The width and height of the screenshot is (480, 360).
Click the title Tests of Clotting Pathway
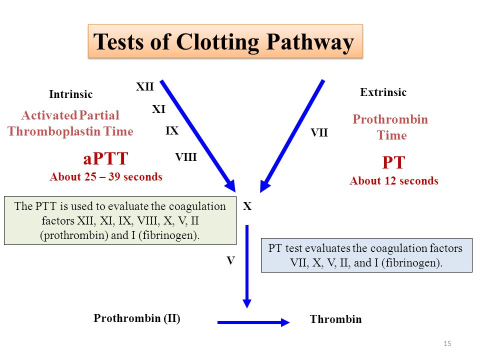[x=224, y=42]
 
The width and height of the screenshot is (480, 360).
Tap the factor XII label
[x=145, y=87]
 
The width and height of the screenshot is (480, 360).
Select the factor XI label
[x=158, y=109]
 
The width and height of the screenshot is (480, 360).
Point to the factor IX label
[x=172, y=131]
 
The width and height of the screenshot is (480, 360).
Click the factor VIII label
[x=186, y=157]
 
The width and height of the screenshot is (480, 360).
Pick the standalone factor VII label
[x=319, y=133]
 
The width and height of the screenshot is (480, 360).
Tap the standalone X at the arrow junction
[x=247, y=206]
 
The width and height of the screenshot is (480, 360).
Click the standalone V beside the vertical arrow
[x=230, y=260]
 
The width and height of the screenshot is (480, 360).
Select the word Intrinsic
[x=71, y=94]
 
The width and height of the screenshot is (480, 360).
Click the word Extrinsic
[x=383, y=92]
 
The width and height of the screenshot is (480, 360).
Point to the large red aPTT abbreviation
[x=105, y=159]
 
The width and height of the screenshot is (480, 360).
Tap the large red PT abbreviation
[x=393, y=163]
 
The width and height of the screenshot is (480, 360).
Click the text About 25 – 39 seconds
[x=106, y=177]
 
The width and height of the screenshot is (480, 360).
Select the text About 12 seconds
[x=394, y=181]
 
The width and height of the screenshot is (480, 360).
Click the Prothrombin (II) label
[x=137, y=318]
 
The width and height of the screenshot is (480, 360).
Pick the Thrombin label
[x=335, y=319]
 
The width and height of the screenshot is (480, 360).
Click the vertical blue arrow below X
[x=247, y=265]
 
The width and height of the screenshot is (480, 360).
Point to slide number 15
[x=447, y=343]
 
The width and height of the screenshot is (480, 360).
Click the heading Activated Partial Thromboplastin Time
[x=70, y=123]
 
